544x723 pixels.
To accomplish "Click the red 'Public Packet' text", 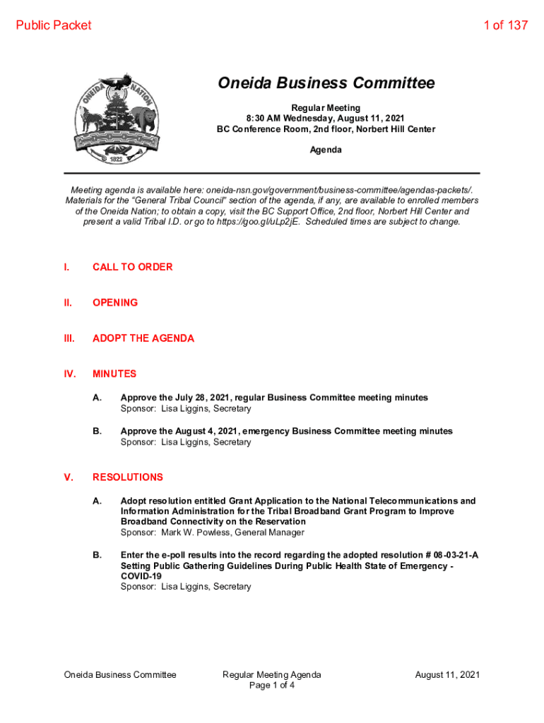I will (54, 25).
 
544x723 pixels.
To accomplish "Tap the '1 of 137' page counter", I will (505, 25).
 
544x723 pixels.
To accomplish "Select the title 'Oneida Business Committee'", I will (326, 84).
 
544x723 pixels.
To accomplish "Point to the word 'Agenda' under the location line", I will (326, 150).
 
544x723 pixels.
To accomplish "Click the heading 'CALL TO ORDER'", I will (132, 267).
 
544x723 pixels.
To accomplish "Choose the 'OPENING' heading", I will (115, 302).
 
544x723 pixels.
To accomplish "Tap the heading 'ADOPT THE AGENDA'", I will (143, 338).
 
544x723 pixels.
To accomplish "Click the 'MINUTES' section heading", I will (114, 374).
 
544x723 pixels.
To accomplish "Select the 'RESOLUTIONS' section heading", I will (128, 477).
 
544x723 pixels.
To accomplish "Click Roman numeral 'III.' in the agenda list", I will (69, 338).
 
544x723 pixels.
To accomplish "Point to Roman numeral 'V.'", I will (69, 477).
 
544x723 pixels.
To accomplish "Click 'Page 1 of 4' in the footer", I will (272, 686).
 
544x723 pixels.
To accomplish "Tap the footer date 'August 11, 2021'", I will (447, 674).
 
